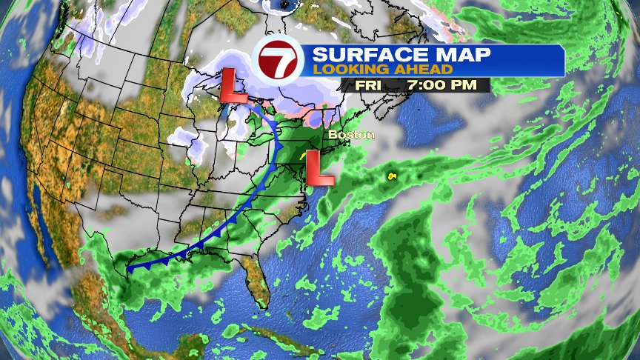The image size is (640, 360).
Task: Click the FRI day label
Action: pyautogui.click(x=370, y=84)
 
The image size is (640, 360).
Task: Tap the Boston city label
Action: pyautogui.click(x=352, y=135)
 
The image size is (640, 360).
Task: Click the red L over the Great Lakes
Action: pyautogui.click(x=234, y=86)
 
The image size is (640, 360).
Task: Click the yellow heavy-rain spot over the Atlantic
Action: pyautogui.click(x=390, y=176)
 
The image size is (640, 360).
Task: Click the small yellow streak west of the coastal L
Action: pyautogui.click(x=302, y=156)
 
